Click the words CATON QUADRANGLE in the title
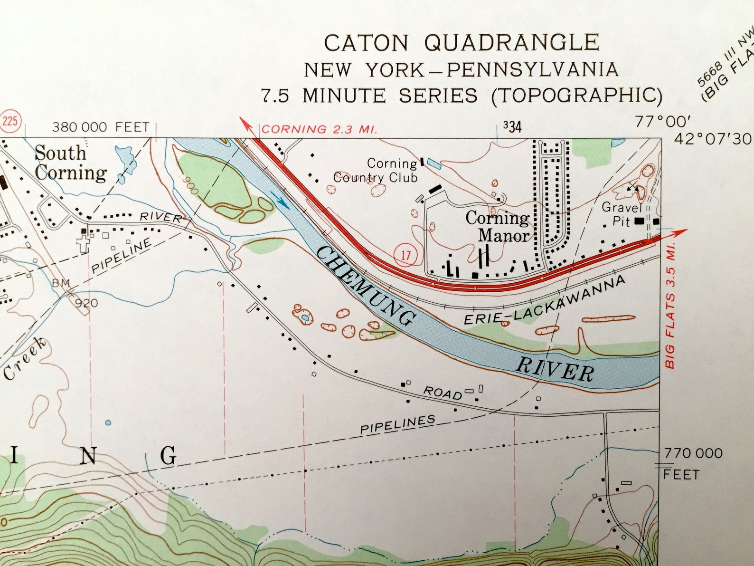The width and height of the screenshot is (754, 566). tap(461, 43)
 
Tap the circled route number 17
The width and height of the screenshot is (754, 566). tap(405, 255)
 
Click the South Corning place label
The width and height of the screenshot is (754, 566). tap(70, 163)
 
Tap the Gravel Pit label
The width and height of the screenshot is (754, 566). tap(622, 214)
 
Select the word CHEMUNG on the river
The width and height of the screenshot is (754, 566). tap(364, 286)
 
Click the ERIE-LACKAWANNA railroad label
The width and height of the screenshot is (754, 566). tap(544, 301)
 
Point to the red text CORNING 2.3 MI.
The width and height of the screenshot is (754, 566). tap(319, 129)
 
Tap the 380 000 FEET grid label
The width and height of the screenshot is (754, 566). tap(100, 127)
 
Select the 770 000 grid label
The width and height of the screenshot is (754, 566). tap(693, 453)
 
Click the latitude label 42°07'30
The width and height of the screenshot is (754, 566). tap(712, 139)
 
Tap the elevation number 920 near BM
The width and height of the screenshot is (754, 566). tap(86, 303)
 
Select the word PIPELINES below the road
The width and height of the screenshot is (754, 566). tap(397, 424)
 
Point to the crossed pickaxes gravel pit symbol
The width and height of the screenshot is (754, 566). tap(632, 187)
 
